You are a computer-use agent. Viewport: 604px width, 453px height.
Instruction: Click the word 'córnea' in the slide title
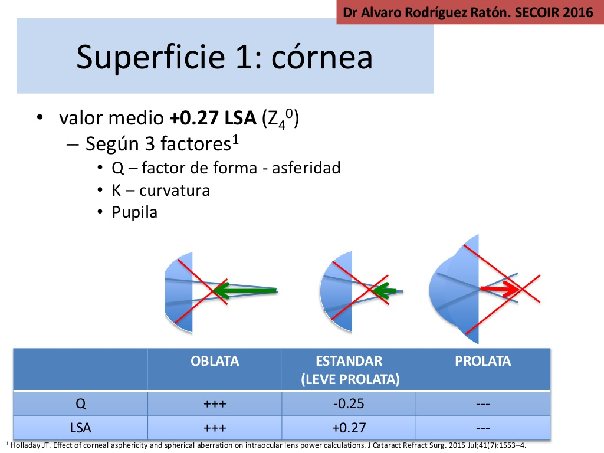pyautogui.click(x=322, y=57)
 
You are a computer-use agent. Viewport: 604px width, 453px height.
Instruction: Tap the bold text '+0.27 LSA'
pyautogui.click(x=213, y=117)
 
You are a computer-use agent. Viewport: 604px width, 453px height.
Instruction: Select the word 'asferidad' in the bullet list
pyautogui.click(x=306, y=168)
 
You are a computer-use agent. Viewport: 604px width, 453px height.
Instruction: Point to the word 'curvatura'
pyautogui.click(x=175, y=191)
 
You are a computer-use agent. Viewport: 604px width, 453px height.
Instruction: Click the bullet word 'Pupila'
pyautogui.click(x=134, y=212)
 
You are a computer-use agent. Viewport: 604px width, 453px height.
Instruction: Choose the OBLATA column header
pyautogui.click(x=215, y=361)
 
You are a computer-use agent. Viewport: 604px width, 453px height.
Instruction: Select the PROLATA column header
pyautogui.click(x=482, y=361)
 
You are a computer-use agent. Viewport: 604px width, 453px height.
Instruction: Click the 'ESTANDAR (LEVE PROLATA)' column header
pyautogui.click(x=349, y=370)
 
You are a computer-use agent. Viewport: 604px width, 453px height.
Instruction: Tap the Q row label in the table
pyautogui.click(x=80, y=403)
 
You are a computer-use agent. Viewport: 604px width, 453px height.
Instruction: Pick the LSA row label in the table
pyautogui.click(x=80, y=428)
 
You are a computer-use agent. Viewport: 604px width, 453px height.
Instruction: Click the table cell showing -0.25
pyautogui.click(x=349, y=403)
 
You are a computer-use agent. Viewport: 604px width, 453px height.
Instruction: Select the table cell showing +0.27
pyautogui.click(x=349, y=428)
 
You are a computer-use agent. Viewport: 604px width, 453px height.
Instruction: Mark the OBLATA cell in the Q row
pyautogui.click(x=215, y=403)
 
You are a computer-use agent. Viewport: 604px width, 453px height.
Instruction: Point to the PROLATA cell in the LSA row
pyautogui.click(x=482, y=428)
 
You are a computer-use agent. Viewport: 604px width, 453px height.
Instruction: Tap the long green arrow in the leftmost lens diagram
pyautogui.click(x=245, y=290)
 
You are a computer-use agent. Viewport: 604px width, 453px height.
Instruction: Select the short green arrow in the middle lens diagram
pyautogui.click(x=385, y=290)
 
